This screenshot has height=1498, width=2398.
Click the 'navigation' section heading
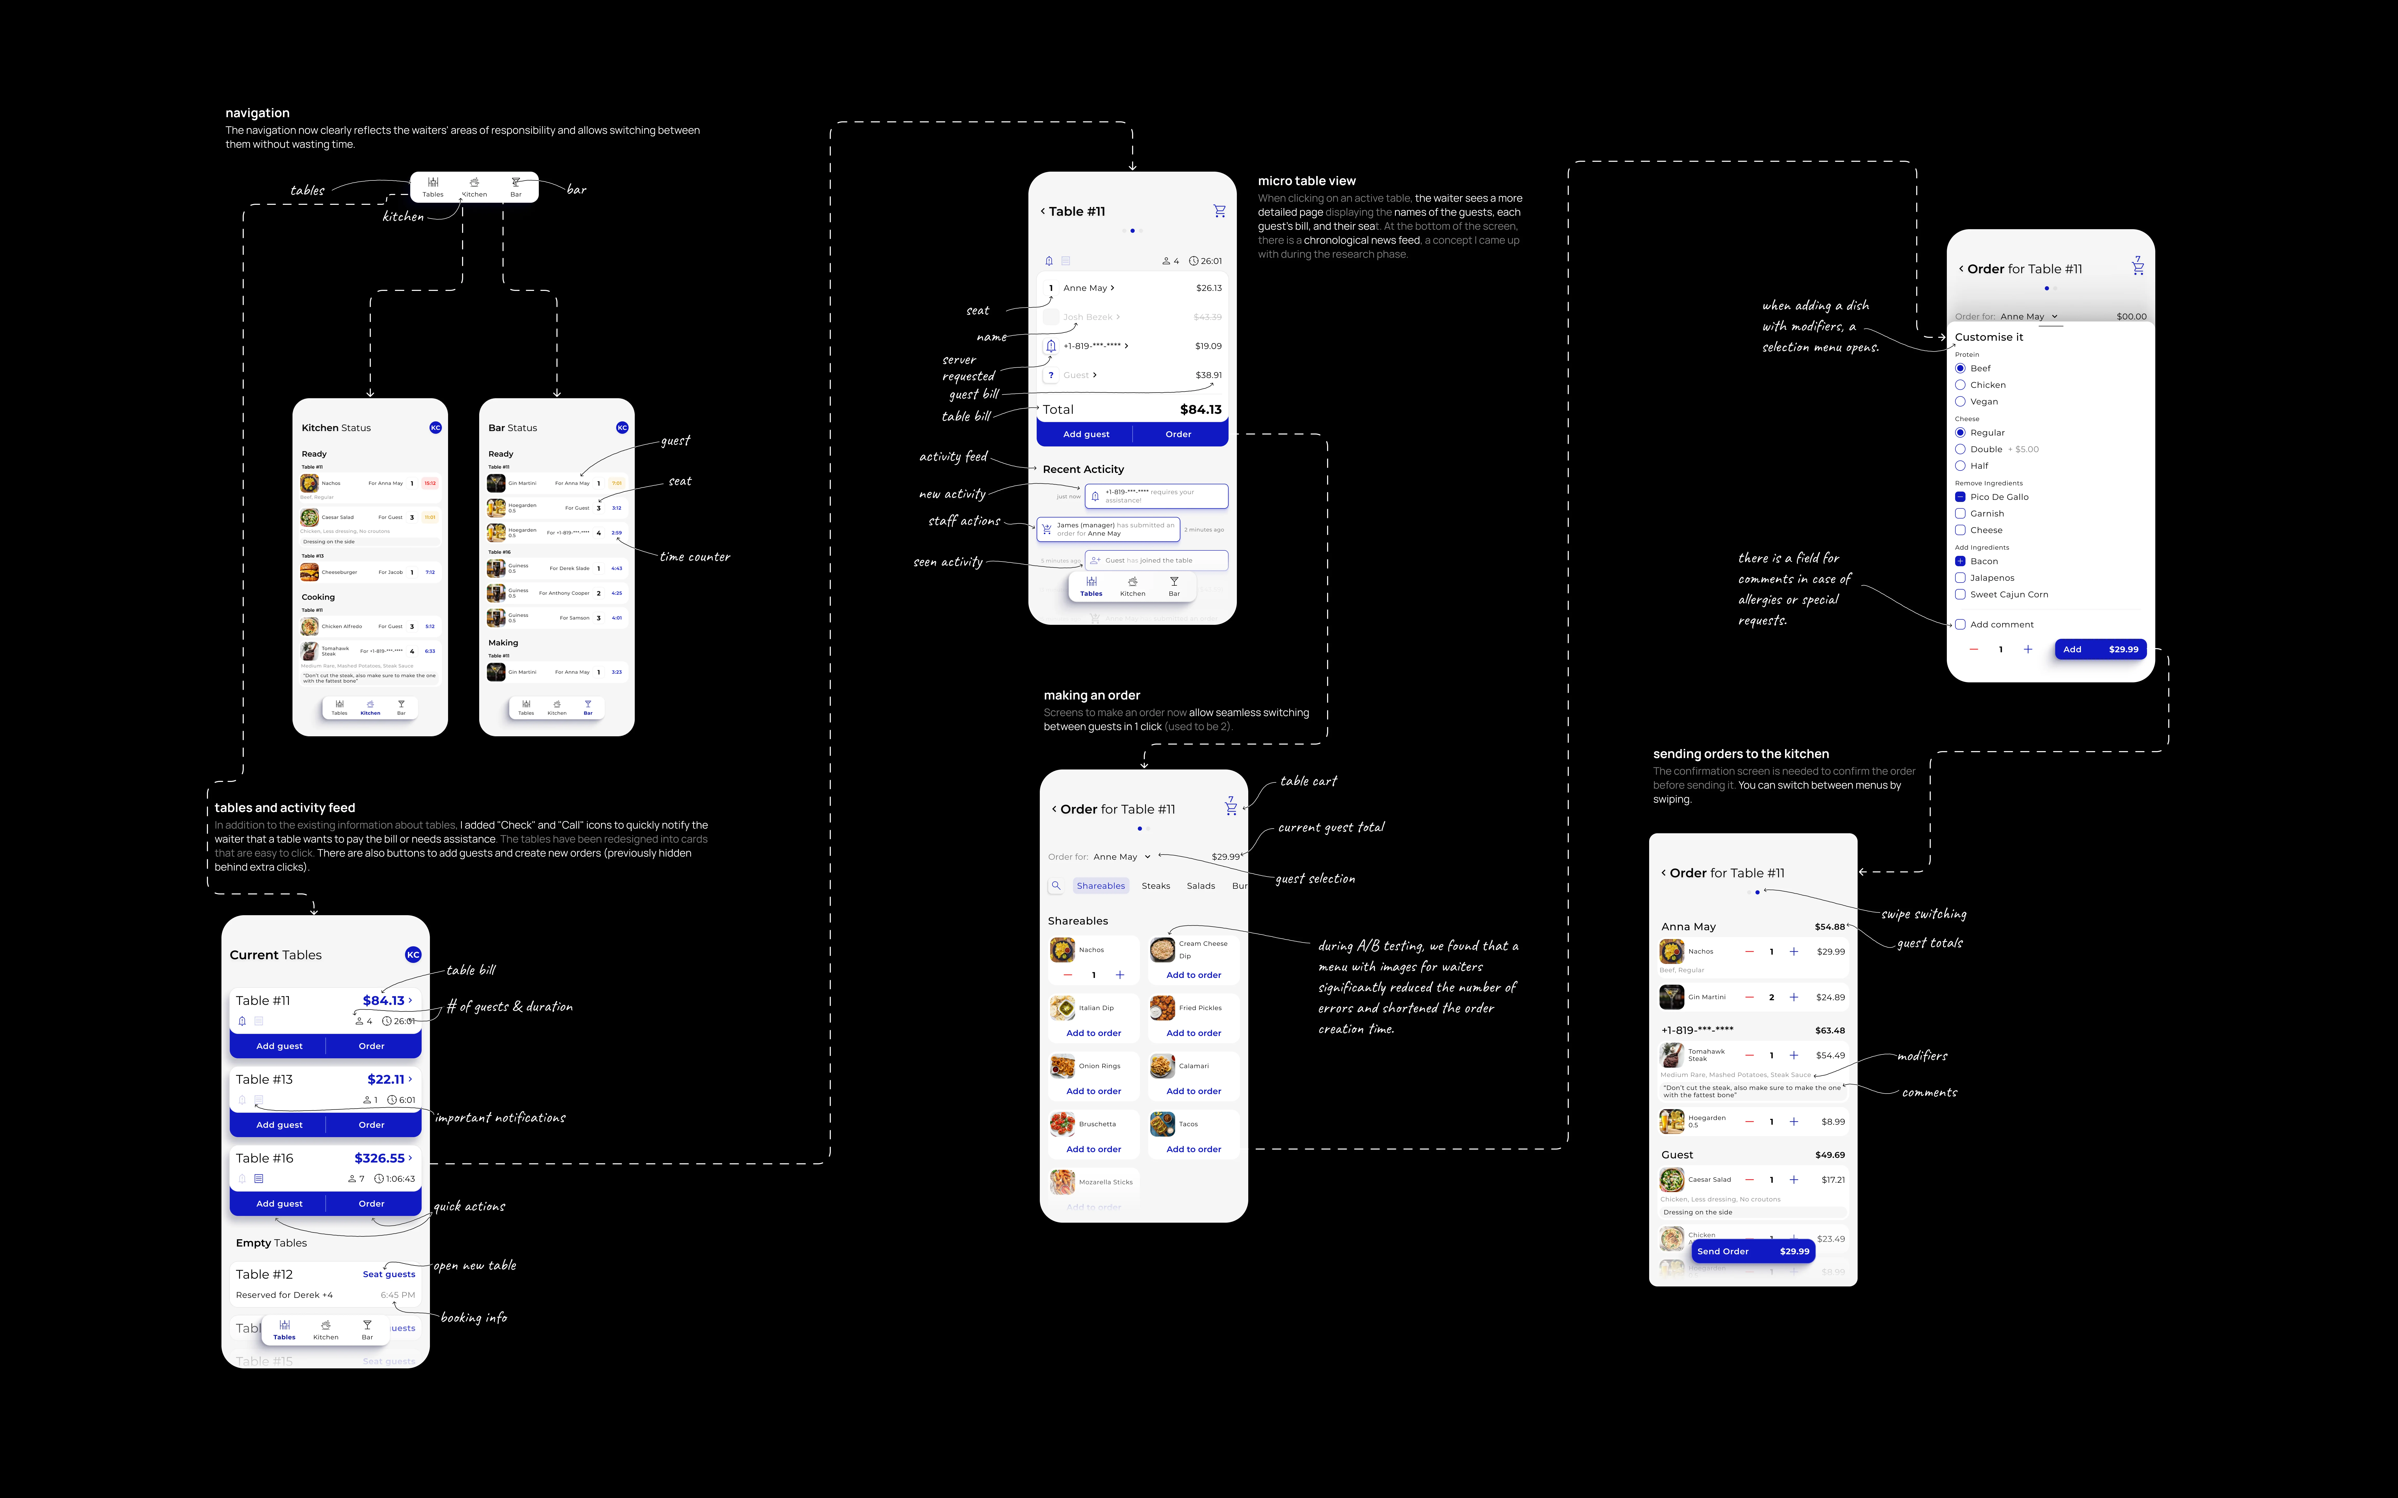[x=258, y=113]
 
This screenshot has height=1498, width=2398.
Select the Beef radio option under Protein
[x=1960, y=369]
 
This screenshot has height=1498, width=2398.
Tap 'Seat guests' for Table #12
[x=388, y=1274]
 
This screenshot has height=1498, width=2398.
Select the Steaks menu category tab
[x=1155, y=886]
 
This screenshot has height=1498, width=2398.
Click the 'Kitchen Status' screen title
[x=336, y=428]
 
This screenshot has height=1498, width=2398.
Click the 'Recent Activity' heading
[x=1083, y=470]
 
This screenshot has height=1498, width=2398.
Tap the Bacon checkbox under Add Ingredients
[x=1960, y=562]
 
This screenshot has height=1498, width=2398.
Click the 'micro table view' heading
[x=1306, y=181]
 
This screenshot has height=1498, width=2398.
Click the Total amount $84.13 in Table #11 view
[x=1200, y=409]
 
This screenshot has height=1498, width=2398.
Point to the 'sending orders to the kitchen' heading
[x=1740, y=754]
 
